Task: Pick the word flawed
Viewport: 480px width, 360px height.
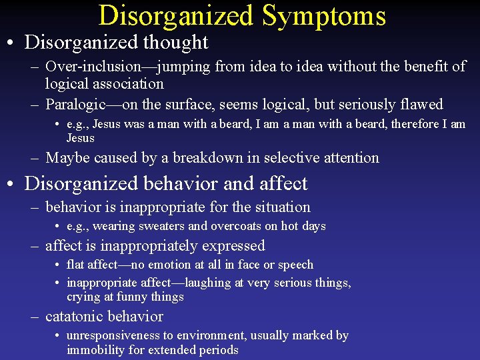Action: [420, 105]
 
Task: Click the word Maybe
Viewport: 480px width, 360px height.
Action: [67, 158]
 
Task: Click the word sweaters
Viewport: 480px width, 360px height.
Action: [161, 226]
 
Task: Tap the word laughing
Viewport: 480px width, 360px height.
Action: [203, 283]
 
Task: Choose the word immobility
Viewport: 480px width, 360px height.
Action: [96, 350]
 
